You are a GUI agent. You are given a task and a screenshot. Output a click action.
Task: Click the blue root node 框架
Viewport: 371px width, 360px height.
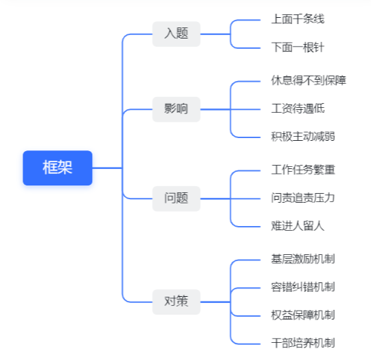[x=58, y=168]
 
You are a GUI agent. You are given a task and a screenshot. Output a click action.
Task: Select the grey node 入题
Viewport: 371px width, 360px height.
[x=177, y=34]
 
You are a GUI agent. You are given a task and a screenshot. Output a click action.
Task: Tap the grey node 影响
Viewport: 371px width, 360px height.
[x=177, y=109]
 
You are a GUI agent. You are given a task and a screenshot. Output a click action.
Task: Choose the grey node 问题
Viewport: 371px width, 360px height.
[x=177, y=199]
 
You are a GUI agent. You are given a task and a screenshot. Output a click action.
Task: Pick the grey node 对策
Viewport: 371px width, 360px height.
[x=177, y=302]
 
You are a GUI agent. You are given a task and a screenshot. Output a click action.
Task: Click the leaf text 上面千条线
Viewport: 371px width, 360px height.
[x=297, y=19]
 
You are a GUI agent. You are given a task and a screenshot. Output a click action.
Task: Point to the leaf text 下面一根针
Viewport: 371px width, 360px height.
[x=297, y=47]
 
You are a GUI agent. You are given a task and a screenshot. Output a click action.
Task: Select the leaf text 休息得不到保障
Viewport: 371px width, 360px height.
[x=308, y=80]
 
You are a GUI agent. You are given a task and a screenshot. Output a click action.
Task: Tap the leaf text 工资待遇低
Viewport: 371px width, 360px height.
[x=297, y=109]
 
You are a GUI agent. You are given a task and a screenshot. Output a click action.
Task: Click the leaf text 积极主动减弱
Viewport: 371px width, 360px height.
[x=303, y=137]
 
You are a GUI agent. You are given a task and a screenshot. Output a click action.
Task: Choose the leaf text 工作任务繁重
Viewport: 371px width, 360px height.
[x=303, y=170]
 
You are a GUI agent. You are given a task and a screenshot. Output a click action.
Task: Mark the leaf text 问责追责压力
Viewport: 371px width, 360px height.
[x=303, y=198]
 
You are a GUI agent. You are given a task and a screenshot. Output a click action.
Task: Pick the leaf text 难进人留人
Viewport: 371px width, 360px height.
[x=297, y=226]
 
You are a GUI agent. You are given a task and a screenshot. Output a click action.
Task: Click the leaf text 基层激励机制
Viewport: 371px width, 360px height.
[x=303, y=259]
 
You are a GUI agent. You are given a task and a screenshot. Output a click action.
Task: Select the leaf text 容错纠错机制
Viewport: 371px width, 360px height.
[x=303, y=287]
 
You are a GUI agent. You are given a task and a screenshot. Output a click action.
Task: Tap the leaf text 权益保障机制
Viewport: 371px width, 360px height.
[x=303, y=315]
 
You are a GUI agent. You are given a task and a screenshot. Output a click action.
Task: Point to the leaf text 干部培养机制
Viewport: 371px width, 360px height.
[x=303, y=344]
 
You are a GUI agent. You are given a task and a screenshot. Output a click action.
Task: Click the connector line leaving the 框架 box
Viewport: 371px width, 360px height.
[x=107, y=168]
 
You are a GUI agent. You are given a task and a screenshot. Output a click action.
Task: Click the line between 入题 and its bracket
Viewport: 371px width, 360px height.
[x=215, y=34]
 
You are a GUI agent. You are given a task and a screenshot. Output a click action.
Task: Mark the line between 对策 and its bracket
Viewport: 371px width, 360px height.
[x=215, y=302]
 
